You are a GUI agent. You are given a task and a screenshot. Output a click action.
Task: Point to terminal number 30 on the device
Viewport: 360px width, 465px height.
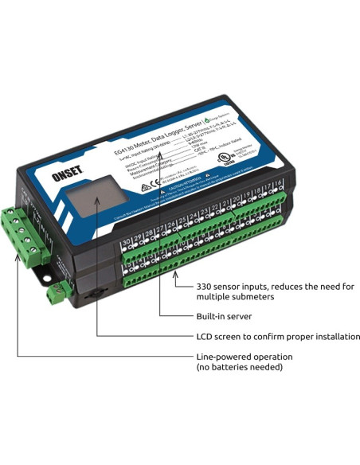pos(125,239)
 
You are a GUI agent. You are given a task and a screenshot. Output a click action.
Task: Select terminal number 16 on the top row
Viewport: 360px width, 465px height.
pos(279,186)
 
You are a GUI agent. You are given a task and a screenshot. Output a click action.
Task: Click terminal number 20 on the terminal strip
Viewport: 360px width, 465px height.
pos(237,201)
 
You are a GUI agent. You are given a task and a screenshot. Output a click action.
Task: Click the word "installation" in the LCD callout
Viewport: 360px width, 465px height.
pos(331,337)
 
